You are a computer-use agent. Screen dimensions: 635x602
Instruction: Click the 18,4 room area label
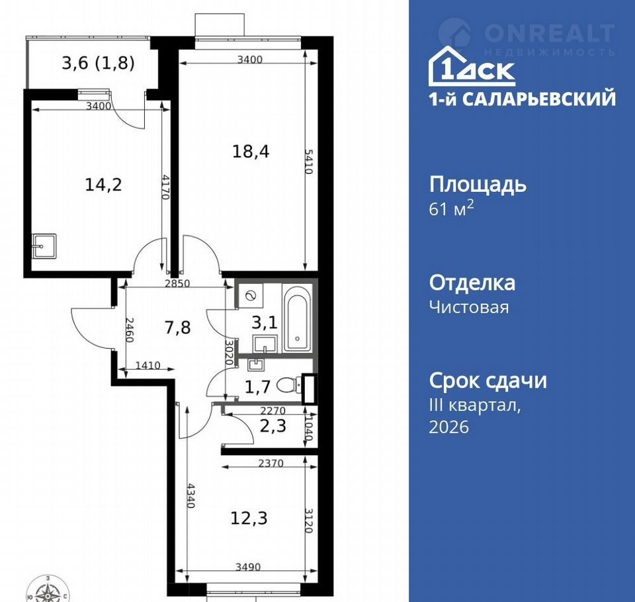click(251, 151)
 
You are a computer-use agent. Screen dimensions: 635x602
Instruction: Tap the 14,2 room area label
click(103, 185)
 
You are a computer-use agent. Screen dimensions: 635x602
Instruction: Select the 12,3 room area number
click(249, 518)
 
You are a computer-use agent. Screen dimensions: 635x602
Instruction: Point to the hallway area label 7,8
click(178, 327)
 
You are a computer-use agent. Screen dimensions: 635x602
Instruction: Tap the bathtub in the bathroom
click(297, 318)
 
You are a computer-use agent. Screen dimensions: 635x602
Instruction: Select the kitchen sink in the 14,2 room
click(44, 245)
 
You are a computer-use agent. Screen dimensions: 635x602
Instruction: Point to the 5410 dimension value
click(309, 161)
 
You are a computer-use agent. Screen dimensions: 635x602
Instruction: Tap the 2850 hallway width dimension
click(177, 283)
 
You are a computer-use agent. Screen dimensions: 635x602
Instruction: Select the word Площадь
click(478, 185)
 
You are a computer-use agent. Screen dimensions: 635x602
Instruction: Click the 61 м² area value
click(451, 208)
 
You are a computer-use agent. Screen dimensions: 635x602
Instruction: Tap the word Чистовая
click(469, 307)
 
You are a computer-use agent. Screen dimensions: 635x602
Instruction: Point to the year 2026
click(448, 427)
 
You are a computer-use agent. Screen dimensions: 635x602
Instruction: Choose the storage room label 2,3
click(273, 426)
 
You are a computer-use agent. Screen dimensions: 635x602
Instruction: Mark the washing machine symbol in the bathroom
click(251, 296)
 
